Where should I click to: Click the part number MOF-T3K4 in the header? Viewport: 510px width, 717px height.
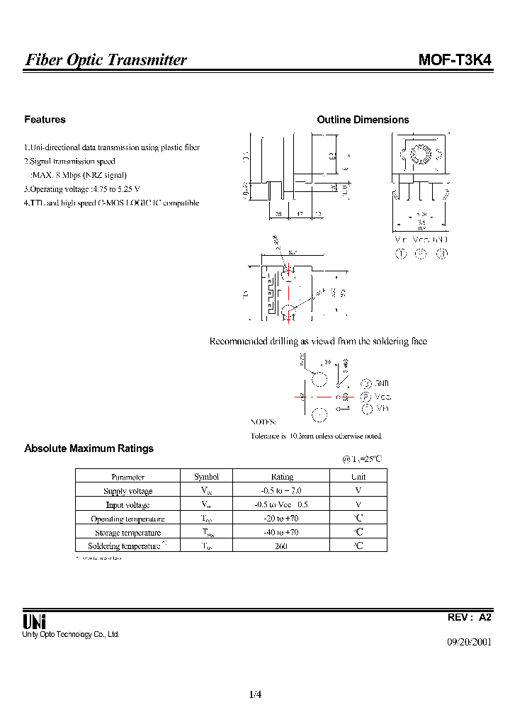[x=455, y=60]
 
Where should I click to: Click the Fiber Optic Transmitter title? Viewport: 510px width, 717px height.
[x=106, y=60]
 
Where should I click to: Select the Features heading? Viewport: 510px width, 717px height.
[x=45, y=120]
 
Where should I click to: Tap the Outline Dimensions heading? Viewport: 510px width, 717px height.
[x=363, y=120]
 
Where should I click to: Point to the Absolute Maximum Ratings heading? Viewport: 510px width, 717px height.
[x=89, y=448]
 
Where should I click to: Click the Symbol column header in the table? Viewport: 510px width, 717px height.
[x=206, y=477]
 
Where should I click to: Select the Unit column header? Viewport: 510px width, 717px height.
[x=358, y=477]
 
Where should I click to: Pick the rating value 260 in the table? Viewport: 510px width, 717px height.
[x=282, y=546]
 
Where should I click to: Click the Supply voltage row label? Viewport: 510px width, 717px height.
[x=127, y=491]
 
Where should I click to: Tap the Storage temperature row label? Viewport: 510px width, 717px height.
[x=127, y=533]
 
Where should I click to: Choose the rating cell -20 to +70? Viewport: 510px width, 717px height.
[x=282, y=519]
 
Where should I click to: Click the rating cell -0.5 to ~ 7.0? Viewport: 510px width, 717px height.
[x=282, y=491]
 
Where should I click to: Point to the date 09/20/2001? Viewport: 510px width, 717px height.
[x=468, y=643]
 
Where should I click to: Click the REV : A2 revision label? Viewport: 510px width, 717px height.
[x=470, y=617]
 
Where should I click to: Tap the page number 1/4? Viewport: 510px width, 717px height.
[x=256, y=694]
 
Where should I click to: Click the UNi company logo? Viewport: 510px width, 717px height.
[x=34, y=621]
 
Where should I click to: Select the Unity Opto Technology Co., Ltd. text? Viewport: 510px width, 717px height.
[x=72, y=635]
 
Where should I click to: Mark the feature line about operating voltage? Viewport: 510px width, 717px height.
[x=81, y=189]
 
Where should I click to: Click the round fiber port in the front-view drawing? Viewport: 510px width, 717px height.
[x=419, y=154]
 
